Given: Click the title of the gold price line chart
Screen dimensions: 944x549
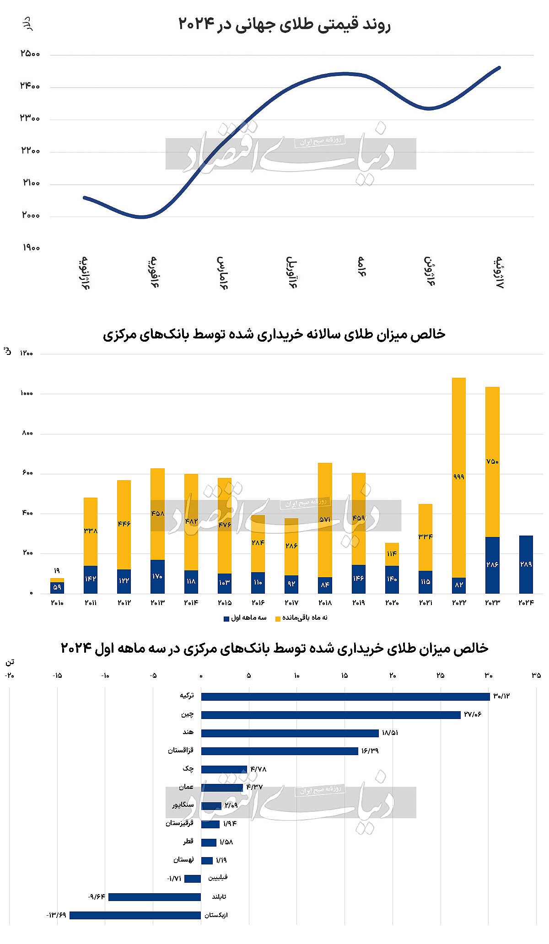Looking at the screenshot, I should pyautogui.click(x=284, y=24).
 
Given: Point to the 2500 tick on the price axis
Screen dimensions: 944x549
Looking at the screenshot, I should pyautogui.click(x=31, y=54).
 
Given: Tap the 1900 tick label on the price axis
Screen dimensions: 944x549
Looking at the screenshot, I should pyautogui.click(x=31, y=247).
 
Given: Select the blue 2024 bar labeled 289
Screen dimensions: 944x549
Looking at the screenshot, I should pyautogui.click(x=526, y=564).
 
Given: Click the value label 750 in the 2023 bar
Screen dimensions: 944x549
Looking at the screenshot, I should pyautogui.click(x=492, y=461).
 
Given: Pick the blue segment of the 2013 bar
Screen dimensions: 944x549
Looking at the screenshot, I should pyautogui.click(x=157, y=576).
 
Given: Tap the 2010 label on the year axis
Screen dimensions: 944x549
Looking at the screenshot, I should pyautogui.click(x=57, y=603).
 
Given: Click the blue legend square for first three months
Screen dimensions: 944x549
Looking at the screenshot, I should pyautogui.click(x=226, y=618).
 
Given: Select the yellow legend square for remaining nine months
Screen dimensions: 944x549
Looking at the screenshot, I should pyautogui.click(x=278, y=618).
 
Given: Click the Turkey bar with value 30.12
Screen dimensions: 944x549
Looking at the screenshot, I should pyautogui.click(x=345, y=696).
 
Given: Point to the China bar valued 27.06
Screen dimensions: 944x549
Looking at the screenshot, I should pyautogui.click(x=331, y=714).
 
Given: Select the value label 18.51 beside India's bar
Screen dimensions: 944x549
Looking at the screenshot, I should pyautogui.click(x=390, y=733).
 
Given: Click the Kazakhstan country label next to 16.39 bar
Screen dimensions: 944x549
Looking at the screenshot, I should pyautogui.click(x=181, y=751).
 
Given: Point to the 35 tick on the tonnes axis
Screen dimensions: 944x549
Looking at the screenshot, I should pyautogui.click(x=536, y=676).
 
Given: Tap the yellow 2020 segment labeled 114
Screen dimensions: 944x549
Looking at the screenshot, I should pyautogui.click(x=392, y=554).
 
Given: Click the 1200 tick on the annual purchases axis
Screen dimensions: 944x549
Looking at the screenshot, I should pyautogui.click(x=26, y=353).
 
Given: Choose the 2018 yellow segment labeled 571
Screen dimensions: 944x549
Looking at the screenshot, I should pyautogui.click(x=325, y=520).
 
